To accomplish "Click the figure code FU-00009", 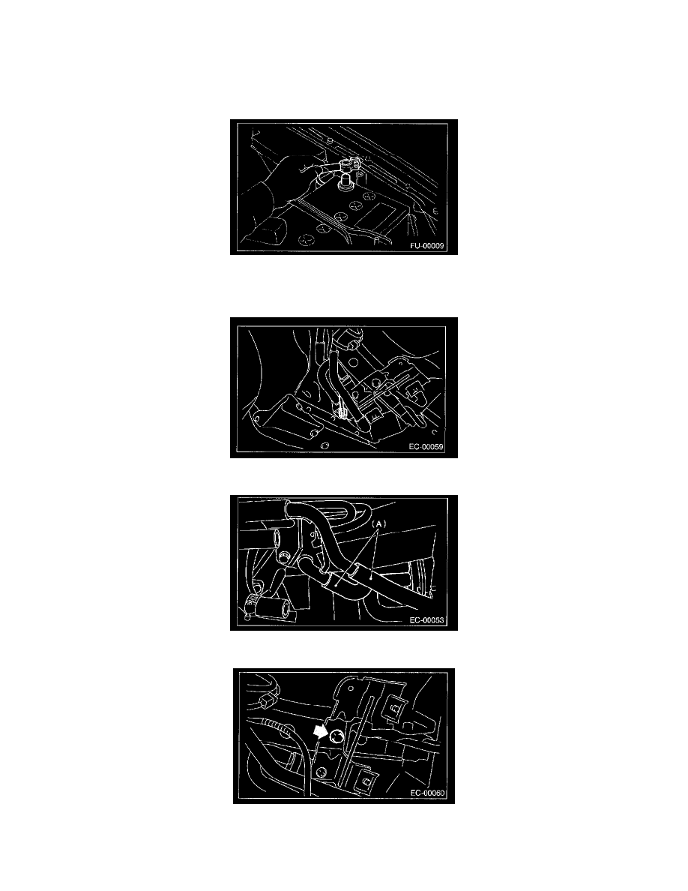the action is [x=426, y=247].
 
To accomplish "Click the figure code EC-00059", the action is [x=426, y=447].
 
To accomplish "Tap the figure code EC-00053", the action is [x=426, y=620].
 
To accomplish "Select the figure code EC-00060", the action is [x=427, y=793].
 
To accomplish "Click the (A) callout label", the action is [x=378, y=523].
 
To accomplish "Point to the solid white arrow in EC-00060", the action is [x=321, y=730].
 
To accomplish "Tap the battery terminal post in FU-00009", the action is [x=345, y=183].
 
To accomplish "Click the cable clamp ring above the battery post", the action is [x=345, y=166].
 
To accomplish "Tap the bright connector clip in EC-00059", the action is [x=341, y=409].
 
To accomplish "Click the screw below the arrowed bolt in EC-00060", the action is [x=322, y=772].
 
